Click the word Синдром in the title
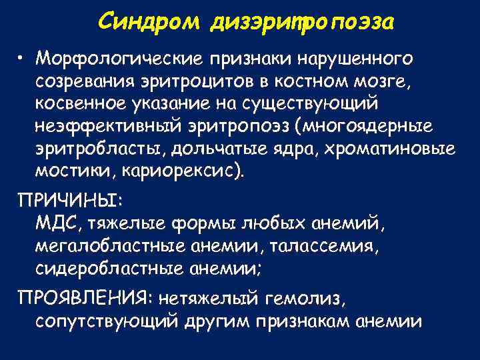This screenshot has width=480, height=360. click(x=149, y=23)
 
